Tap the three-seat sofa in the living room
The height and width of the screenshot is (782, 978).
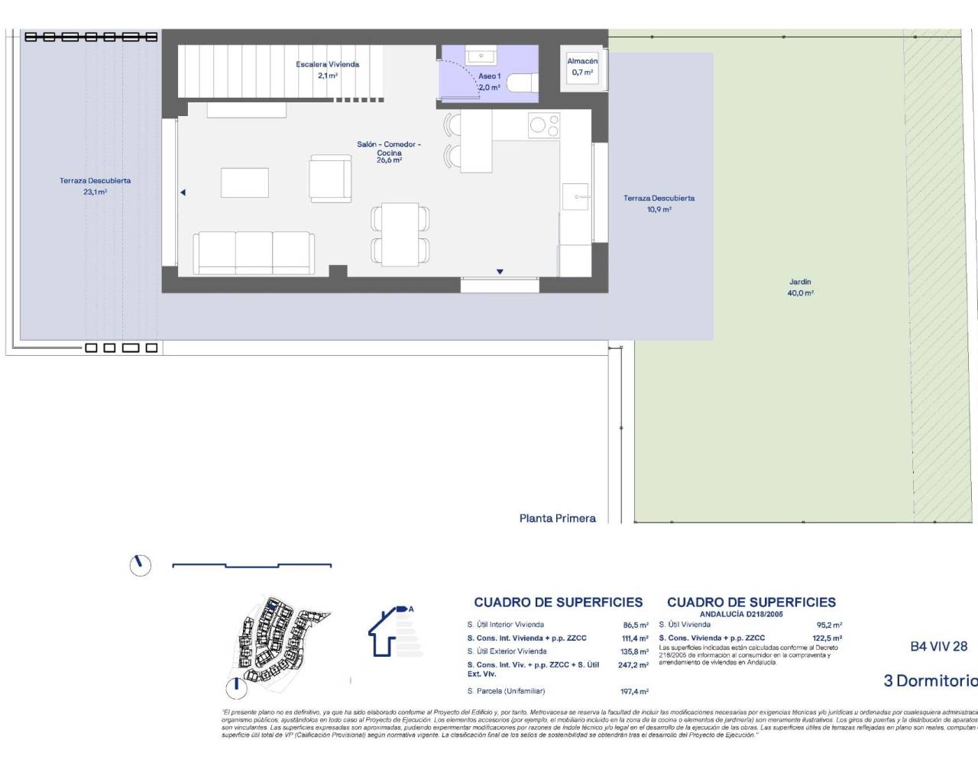253,253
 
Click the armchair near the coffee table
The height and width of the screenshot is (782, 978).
330,179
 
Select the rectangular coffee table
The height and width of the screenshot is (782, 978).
244,183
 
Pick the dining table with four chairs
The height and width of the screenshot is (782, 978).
400,233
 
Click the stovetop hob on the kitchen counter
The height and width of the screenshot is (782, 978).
543,126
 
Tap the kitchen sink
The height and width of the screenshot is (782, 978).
575,196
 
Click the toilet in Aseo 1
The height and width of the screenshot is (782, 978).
523,82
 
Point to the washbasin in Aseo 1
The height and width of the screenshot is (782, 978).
481,55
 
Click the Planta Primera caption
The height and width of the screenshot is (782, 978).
557,518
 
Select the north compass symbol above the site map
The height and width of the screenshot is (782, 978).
141,565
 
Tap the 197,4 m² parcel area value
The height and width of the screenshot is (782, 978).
634,691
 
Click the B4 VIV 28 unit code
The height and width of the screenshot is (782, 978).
938,646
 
